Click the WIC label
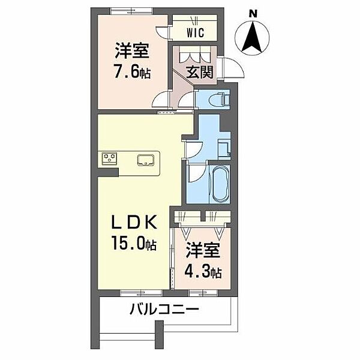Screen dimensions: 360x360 coord(196,32)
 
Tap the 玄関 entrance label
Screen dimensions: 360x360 coord(200,72)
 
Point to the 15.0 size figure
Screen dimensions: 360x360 coord(128,243)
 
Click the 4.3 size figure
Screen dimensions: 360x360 coord(197,272)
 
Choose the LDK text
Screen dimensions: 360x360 coord(134,222)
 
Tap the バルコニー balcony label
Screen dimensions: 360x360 coord(164,309)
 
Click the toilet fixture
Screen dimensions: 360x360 coord(219,99)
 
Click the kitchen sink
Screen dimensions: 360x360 coord(146,160)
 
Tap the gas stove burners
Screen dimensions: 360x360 coord(110,158)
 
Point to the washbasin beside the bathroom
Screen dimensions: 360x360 coord(224,149)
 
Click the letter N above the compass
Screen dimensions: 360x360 coord(253,14)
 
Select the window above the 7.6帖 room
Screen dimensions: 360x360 coord(131,11)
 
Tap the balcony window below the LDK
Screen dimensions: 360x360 coord(141,293)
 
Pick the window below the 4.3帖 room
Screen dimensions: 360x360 coord(203,293)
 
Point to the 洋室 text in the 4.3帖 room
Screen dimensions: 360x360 coord(203,251)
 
